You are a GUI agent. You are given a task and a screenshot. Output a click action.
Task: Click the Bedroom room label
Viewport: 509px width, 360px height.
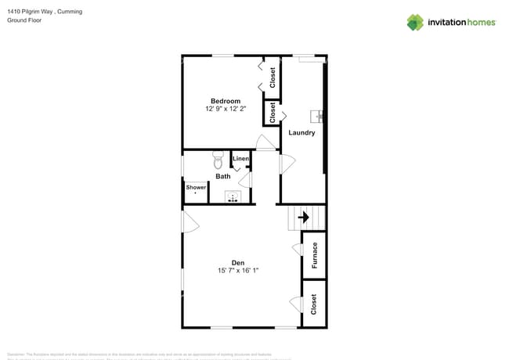pos(225,101)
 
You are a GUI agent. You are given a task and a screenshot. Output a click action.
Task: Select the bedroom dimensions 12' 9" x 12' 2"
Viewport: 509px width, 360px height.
pos(225,110)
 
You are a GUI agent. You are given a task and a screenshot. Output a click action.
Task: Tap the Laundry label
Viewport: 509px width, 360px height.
pos(301,133)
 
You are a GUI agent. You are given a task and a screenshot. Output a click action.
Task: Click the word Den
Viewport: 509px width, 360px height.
pos(238,262)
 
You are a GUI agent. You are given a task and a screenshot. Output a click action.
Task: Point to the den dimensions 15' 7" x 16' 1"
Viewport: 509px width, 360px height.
pos(238,271)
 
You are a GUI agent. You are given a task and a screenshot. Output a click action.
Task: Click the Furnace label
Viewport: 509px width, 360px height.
pos(315,255)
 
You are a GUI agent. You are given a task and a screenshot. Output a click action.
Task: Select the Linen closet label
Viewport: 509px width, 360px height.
pos(240,160)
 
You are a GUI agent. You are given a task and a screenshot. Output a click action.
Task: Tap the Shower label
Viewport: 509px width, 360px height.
pos(196,187)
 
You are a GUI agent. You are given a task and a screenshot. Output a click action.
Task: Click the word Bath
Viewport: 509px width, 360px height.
pos(223,176)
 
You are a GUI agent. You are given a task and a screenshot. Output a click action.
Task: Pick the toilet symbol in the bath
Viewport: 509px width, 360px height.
pos(218,162)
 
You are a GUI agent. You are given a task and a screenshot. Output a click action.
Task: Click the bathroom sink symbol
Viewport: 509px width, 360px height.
pos(232,198)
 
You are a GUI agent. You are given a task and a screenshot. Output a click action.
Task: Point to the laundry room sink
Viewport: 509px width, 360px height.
pos(319,117)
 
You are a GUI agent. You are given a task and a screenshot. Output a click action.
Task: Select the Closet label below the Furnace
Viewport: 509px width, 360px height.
pos(315,304)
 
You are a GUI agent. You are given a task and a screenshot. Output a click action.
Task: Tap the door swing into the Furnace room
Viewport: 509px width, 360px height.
pos(297,250)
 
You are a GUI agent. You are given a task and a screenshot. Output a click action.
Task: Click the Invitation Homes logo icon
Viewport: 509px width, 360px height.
pos(415,22)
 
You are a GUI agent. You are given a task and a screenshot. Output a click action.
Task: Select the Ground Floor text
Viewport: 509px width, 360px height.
pos(24,21)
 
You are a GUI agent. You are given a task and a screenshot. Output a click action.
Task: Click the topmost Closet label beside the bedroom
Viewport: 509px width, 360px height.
pos(273,77)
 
